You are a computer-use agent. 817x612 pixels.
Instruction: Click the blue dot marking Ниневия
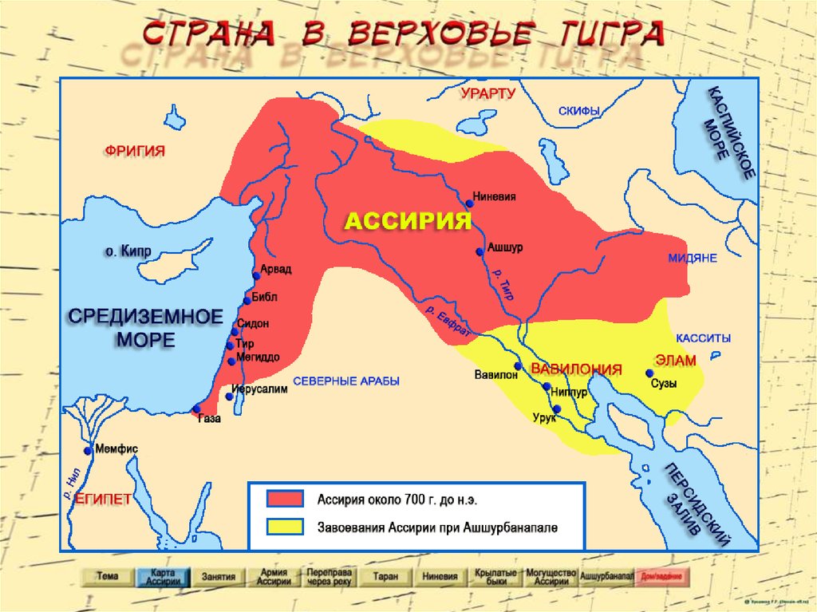[x=470, y=203]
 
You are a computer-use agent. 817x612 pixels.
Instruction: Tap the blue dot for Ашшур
[x=480, y=251]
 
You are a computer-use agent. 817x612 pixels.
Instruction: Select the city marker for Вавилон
[x=517, y=366]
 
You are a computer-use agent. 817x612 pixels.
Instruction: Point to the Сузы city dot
[x=649, y=373]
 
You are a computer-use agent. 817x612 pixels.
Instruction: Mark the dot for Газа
[x=196, y=409]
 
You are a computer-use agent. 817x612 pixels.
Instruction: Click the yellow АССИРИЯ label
[x=408, y=222]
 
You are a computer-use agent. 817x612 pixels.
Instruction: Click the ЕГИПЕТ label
[x=103, y=499]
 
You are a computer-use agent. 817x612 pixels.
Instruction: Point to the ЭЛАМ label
[x=675, y=360]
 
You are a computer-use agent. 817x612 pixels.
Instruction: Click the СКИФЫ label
[x=578, y=111]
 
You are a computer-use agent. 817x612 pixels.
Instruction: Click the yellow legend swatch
[x=285, y=527]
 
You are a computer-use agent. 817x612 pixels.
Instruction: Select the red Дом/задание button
[x=664, y=576]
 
